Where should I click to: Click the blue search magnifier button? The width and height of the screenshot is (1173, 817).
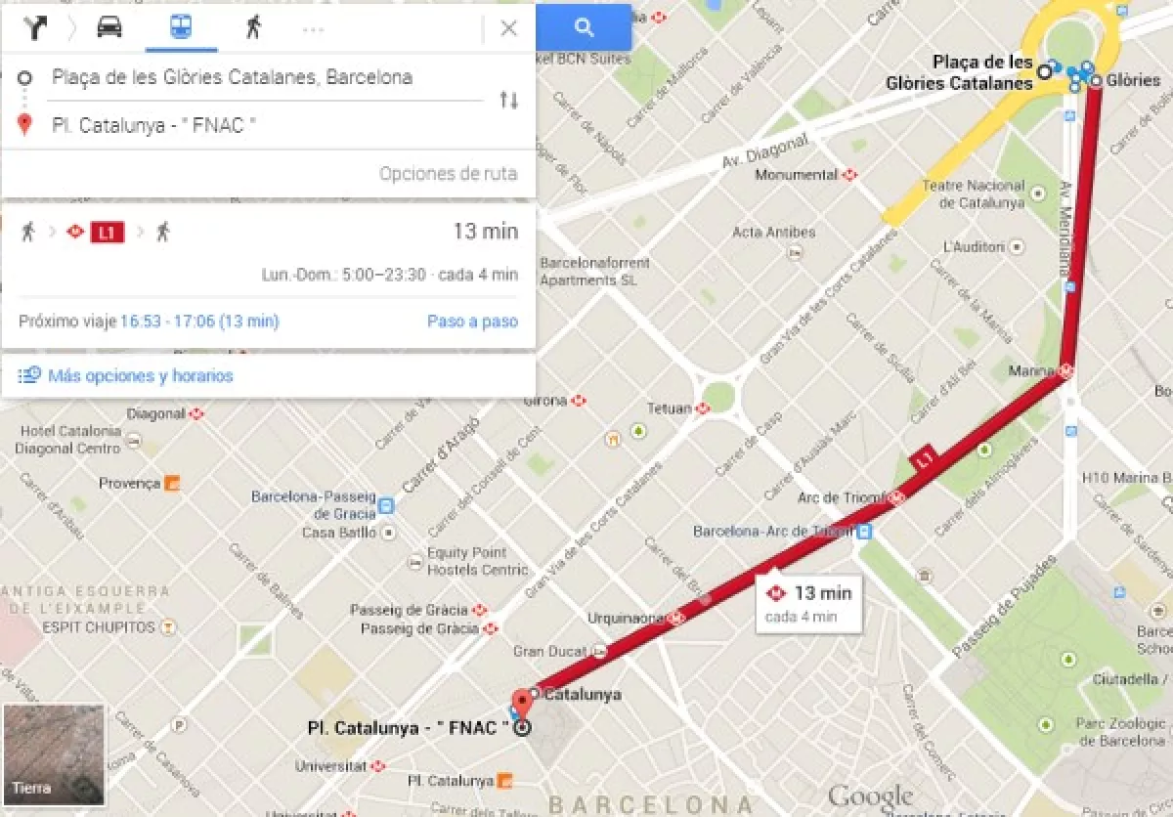pos(584,27)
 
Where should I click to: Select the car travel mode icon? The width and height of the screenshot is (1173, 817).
pos(109,27)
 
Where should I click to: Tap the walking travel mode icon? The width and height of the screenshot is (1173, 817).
pos(253,27)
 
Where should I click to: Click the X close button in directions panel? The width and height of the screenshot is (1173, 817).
pos(508,28)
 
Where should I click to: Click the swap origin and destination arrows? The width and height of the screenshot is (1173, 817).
pos(508,100)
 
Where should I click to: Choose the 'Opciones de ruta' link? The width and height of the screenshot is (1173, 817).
pos(448,174)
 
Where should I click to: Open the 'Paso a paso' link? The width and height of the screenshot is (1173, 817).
pos(472,322)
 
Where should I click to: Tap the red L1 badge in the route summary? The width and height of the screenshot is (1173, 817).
pos(107,233)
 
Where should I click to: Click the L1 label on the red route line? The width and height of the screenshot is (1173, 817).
pos(924,459)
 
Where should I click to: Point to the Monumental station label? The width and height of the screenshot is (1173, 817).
pos(797,175)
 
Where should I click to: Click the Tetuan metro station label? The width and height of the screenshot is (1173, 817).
pos(670,408)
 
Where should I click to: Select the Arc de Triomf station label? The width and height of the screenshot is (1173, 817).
pos(840,497)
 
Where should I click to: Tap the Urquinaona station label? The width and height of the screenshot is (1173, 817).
pos(627,619)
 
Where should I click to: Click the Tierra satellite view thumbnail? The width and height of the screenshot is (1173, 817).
pos(54,752)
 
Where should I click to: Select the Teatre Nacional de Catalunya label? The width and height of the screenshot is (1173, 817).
pos(981,194)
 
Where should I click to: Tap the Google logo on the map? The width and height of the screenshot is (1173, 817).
pos(870,795)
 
